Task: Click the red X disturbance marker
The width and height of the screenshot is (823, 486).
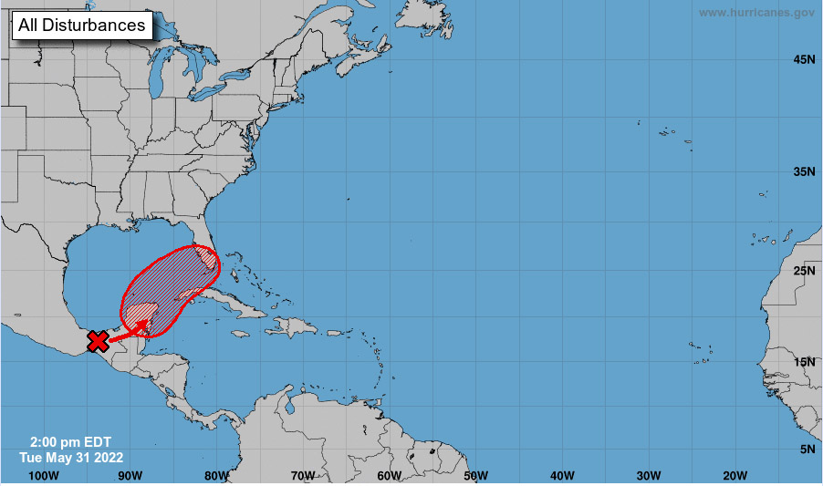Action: coord(98,341)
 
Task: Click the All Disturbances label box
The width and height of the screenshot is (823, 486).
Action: coord(82,26)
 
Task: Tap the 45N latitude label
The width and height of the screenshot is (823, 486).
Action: coord(803,59)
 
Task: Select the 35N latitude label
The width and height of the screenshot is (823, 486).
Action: coord(803,171)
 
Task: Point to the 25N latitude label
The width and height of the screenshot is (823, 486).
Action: coord(803,271)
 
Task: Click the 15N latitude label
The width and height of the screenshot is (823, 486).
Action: coord(803,361)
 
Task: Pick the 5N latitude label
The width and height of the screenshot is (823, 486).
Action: coord(807,449)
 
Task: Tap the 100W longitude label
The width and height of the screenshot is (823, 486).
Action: coord(44,475)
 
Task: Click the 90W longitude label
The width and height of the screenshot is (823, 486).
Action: coord(130,475)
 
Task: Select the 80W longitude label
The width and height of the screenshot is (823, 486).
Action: coord(216,475)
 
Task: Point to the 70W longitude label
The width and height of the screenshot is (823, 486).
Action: coord(303,475)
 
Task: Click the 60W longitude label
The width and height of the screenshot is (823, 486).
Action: coord(389,475)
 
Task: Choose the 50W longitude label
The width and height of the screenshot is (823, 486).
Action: coord(475,475)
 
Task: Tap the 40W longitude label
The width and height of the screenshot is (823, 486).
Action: coord(562,475)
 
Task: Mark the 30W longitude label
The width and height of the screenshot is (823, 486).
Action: coord(649,475)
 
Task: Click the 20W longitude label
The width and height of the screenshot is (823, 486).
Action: coord(734,475)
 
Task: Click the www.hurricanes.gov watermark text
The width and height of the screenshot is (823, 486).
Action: coord(756,13)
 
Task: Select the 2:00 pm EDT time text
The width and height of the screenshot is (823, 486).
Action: coord(70,442)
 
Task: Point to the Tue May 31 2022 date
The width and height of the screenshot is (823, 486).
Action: coord(71,457)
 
